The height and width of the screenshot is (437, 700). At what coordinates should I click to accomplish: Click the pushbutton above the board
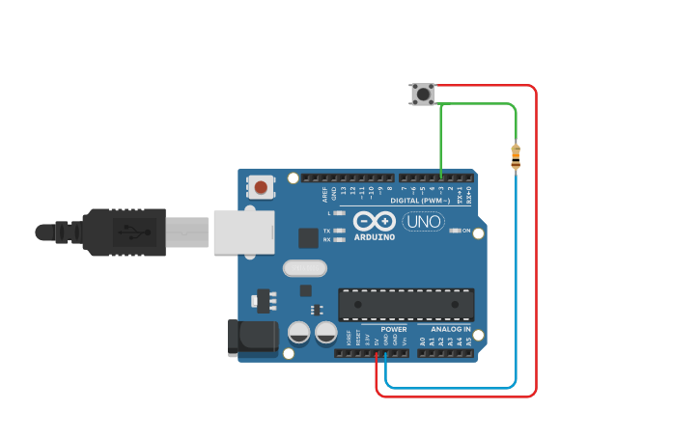tap(422, 94)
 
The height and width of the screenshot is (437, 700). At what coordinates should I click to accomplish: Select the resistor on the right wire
tap(515, 156)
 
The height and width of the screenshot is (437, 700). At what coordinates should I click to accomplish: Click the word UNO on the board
tap(423, 221)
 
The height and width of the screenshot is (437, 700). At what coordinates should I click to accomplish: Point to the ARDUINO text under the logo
tap(374, 236)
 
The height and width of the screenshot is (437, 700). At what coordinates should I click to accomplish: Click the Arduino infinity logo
tap(374, 220)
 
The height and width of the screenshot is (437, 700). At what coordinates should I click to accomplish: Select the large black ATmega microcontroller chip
tap(406, 304)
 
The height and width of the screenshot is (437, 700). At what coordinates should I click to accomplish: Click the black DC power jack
tap(251, 339)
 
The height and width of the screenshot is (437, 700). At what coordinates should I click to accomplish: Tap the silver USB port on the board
tap(238, 232)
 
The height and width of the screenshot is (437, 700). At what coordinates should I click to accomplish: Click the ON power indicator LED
tap(455, 232)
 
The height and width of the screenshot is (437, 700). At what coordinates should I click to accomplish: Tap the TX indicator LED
tap(339, 232)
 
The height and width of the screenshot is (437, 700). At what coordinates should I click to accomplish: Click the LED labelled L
tap(339, 212)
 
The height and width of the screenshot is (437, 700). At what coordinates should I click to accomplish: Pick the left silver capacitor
tap(299, 333)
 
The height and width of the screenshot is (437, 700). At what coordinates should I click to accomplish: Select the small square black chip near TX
tap(308, 237)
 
